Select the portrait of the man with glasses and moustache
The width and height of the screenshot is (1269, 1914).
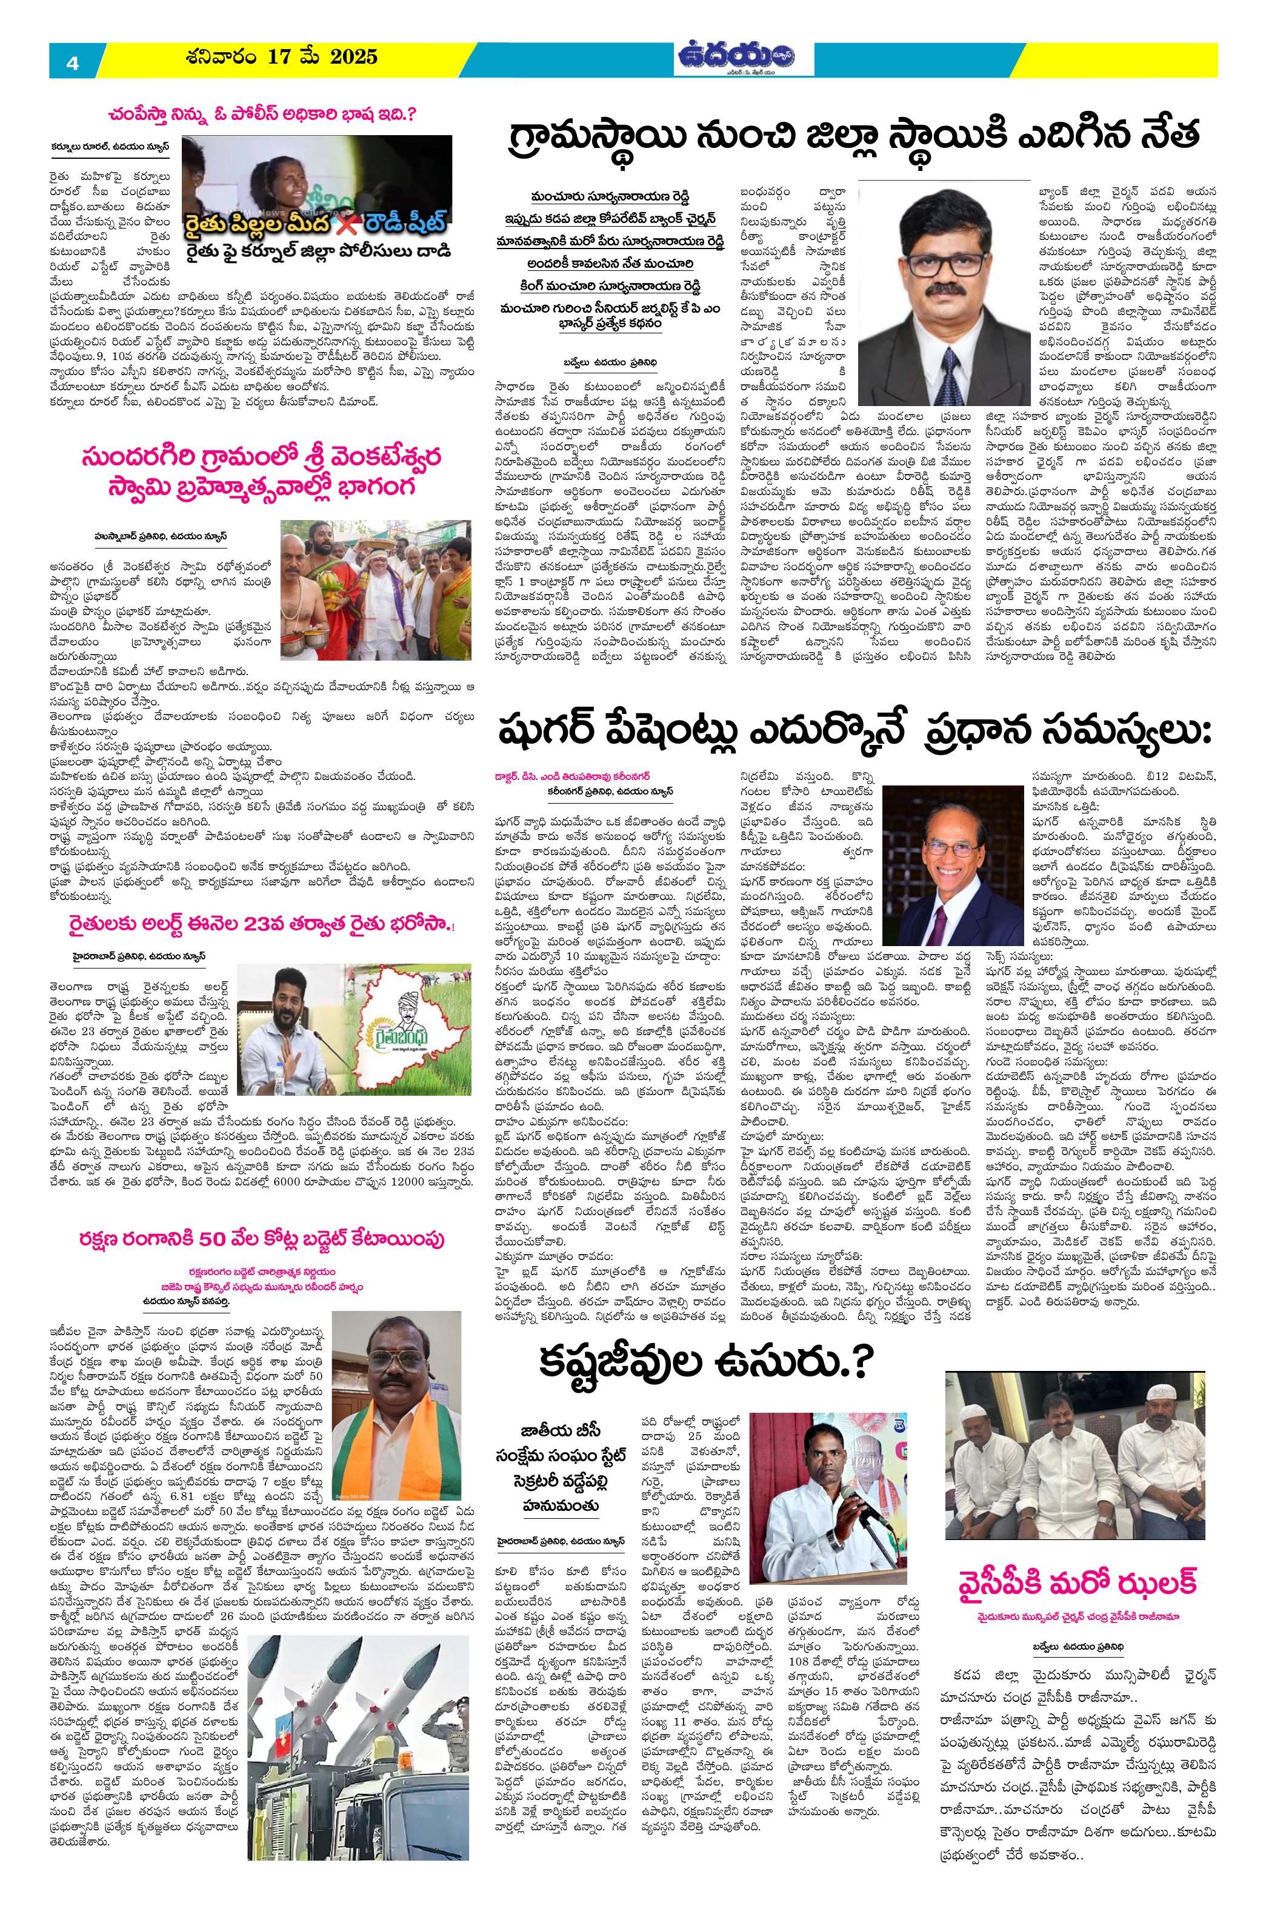[x=941, y=288]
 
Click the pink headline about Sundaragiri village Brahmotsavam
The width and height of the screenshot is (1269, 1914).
[x=261, y=475]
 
